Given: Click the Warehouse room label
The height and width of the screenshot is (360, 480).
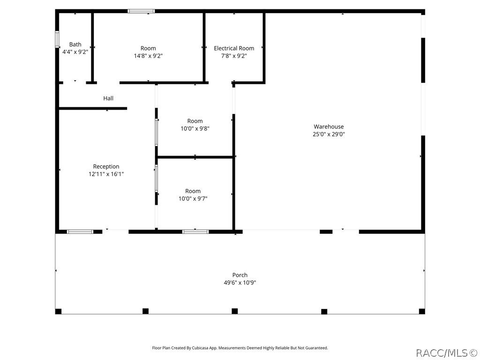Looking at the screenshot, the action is [329, 127].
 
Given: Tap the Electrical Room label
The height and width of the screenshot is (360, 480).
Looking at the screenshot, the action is [234, 48].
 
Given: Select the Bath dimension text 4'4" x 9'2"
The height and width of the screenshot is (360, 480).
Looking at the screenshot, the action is [75, 52].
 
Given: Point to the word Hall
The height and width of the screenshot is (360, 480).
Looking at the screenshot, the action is [108, 98].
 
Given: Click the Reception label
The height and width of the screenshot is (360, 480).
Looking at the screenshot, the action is [106, 166].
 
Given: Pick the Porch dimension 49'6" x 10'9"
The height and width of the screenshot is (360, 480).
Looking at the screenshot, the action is [240, 283].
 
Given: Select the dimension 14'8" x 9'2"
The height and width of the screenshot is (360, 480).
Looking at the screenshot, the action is [148, 56].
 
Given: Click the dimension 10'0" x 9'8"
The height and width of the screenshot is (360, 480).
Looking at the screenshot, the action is [195, 128].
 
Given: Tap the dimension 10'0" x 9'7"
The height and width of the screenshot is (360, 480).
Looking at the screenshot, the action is [193, 199].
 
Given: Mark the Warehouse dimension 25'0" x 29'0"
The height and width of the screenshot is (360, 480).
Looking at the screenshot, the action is [329, 134].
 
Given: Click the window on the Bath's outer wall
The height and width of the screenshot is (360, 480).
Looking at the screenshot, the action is [57, 39].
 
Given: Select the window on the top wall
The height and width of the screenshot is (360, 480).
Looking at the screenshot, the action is [141, 11].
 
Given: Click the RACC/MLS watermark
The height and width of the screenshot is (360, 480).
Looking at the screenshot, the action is [447, 353].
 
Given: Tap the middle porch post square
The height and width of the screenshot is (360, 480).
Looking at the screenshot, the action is [234, 311].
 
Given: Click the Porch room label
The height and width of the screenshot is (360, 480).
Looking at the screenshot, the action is [240, 275].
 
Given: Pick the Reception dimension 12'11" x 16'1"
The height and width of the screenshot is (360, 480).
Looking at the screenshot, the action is [106, 174].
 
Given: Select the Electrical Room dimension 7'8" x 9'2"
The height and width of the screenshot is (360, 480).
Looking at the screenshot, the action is [234, 56].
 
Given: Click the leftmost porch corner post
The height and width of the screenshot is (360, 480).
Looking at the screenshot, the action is [58, 311].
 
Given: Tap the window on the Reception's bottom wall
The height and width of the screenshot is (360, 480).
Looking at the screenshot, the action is [80, 232].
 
